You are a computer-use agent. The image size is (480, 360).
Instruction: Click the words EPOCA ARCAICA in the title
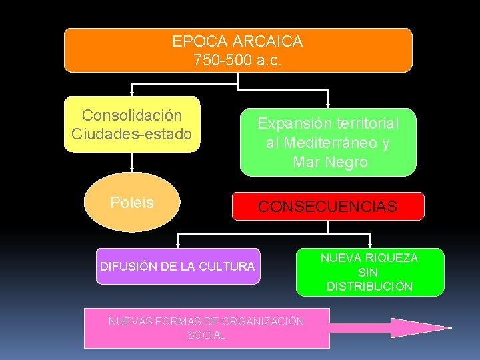coord(237,41)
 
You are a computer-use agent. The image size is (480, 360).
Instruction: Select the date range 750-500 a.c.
coord(237,60)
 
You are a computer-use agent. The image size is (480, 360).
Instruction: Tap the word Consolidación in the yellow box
coord(131,116)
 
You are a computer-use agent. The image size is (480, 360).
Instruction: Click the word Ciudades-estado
coord(131,134)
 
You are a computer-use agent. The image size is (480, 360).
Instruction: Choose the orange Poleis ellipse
coord(132,203)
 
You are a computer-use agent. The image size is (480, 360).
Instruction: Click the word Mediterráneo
coord(331,143)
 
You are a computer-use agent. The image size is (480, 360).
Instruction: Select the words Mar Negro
coord(329,162)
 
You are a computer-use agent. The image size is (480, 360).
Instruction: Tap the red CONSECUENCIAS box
coord(327,207)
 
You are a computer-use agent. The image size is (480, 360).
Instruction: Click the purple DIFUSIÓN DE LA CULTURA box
coord(177,267)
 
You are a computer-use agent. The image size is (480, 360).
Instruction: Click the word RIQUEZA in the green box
coord(393,257)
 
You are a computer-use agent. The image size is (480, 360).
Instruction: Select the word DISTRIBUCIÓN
coord(369,287)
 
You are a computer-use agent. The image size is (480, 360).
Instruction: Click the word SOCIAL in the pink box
coord(206,335)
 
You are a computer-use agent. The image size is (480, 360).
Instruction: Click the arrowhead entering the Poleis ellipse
coord(132,170)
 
